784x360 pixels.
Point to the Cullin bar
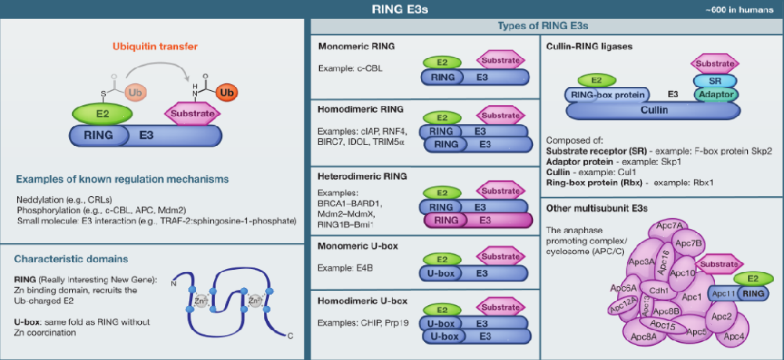pyautogui.click(x=654, y=111)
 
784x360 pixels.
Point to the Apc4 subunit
pyautogui.click(x=734, y=336)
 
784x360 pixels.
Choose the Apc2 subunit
pyautogui.click(x=722, y=317)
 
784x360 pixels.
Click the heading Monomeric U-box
pyautogui.click(x=358, y=245)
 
